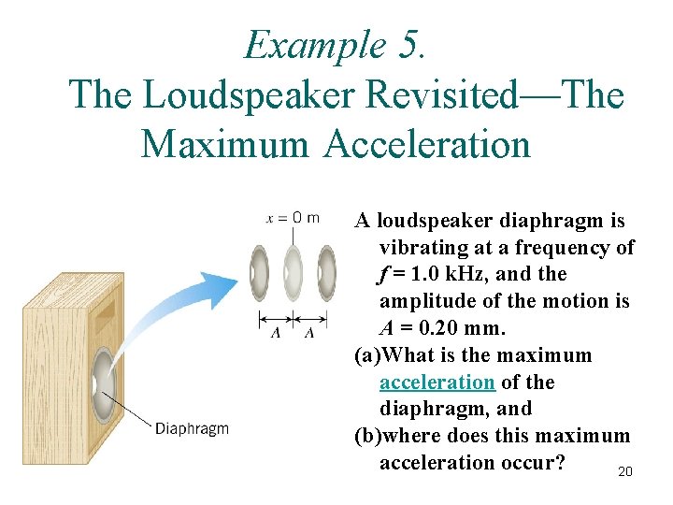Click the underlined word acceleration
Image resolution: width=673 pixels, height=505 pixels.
point(437,382)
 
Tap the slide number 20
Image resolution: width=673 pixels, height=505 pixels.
point(625,471)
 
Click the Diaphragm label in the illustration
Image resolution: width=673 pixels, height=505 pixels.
point(192,429)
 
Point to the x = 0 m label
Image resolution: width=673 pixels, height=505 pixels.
point(293,218)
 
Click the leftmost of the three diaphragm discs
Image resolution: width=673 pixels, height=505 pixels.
point(258,272)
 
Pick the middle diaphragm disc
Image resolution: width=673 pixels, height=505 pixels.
point(293,272)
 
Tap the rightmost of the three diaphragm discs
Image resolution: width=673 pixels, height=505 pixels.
point(327,272)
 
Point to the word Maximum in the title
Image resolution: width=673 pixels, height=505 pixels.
point(224,145)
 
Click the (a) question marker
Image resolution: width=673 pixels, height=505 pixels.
point(368,355)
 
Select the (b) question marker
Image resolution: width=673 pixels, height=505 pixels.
point(368,436)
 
